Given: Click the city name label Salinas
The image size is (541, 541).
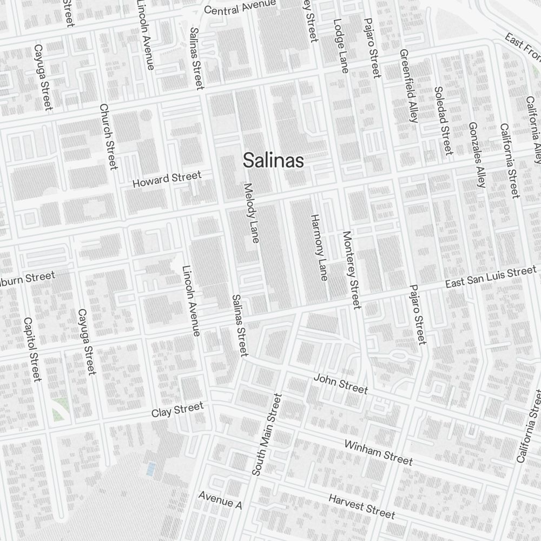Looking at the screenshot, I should pyautogui.click(x=273, y=160).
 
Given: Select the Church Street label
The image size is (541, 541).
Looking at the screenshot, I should pyautogui.click(x=109, y=136).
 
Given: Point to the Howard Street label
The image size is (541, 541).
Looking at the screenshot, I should pyautogui.click(x=167, y=179).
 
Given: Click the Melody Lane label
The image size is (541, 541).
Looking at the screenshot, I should pyautogui.click(x=251, y=213).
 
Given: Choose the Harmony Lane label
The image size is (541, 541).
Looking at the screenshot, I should pyautogui.click(x=319, y=247).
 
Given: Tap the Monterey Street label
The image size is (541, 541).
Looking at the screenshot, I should pyautogui.click(x=351, y=270).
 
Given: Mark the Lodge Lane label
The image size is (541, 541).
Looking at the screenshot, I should pyautogui.click(x=340, y=45).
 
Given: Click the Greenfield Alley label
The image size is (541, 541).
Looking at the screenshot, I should pyautogui.click(x=408, y=85).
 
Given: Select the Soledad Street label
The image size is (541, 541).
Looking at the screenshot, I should pyautogui.click(x=443, y=120).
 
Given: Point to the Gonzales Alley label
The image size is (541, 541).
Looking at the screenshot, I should pyautogui.click(x=477, y=154).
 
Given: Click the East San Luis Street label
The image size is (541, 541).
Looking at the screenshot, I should pyautogui.click(x=490, y=277).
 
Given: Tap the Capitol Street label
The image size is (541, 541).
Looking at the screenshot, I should pyautogui.click(x=32, y=349).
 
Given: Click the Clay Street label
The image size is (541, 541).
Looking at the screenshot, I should pyautogui.click(x=177, y=410).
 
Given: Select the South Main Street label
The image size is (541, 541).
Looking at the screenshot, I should pyautogui.click(x=267, y=434).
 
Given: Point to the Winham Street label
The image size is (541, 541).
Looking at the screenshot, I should pyautogui.click(x=378, y=452).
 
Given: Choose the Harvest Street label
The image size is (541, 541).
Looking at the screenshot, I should pyautogui.click(x=361, y=505).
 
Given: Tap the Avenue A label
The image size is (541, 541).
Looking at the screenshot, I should pyautogui.click(x=220, y=500).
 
